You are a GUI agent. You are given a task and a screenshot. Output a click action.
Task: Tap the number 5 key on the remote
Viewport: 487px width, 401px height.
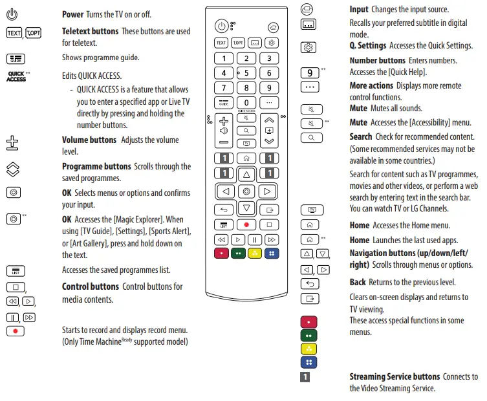click(x=246, y=73)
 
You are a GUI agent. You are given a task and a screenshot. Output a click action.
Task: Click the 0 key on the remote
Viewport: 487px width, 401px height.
click(x=246, y=103)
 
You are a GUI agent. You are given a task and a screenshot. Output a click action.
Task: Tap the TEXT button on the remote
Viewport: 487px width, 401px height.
click(x=221, y=43)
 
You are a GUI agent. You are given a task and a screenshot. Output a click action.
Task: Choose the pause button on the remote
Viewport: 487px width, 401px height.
click(x=246, y=239)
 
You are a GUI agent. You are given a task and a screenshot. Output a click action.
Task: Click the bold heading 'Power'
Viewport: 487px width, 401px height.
click(x=72, y=14)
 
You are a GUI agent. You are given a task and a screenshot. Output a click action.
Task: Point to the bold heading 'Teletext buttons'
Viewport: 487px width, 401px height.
click(x=91, y=31)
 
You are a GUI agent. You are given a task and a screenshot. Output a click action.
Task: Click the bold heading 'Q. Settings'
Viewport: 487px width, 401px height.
click(x=368, y=45)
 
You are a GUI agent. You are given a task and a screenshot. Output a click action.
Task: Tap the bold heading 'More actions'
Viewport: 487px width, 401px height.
click(x=371, y=85)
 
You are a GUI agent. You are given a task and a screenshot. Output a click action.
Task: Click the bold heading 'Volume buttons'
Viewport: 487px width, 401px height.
click(x=89, y=140)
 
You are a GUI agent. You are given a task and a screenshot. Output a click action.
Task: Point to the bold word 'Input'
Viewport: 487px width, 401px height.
click(x=359, y=10)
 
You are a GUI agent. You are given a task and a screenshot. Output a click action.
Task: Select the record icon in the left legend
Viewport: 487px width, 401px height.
click(x=16, y=331)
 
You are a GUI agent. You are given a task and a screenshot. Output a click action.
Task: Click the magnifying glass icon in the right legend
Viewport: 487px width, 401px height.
click(x=311, y=138)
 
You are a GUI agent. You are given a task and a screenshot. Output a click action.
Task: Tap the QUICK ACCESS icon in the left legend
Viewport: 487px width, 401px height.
click(x=17, y=76)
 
